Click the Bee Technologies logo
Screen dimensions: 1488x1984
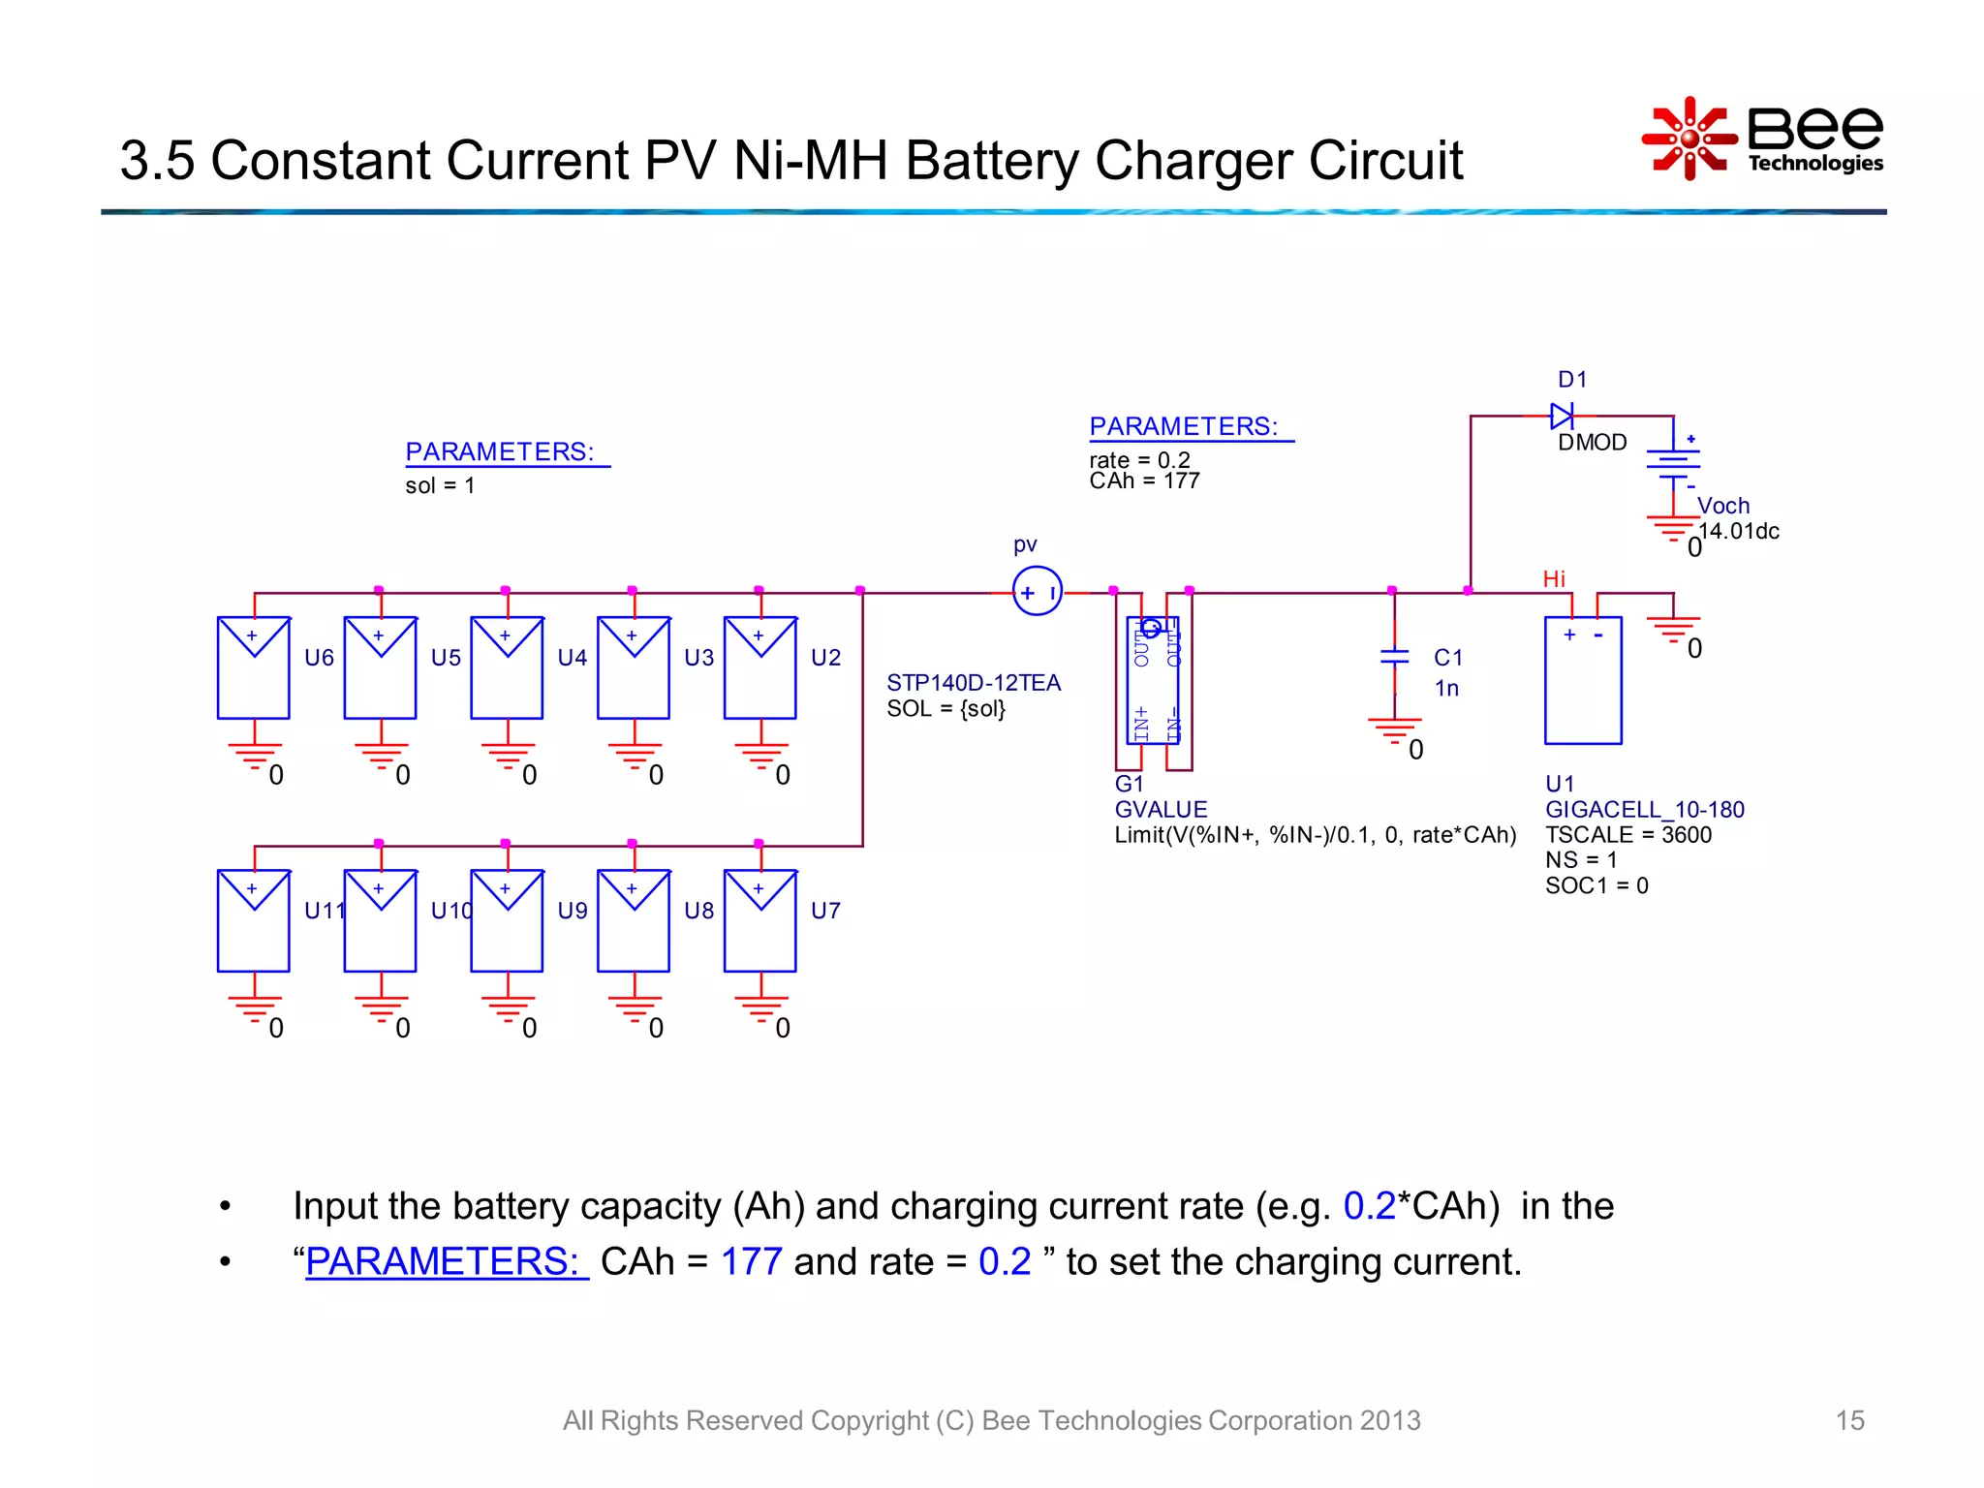click(1762, 139)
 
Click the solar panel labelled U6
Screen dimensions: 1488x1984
click(253, 667)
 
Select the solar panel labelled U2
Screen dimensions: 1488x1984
click(759, 667)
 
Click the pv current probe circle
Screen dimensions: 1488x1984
click(1037, 592)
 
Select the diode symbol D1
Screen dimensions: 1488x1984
click(1561, 417)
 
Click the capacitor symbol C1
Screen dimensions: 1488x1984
click(1394, 657)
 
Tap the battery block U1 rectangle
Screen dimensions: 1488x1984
click(1583, 680)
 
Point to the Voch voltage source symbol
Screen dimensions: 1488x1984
click(1673, 463)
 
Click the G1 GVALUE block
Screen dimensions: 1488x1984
click(1153, 680)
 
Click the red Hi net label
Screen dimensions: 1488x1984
click(1553, 579)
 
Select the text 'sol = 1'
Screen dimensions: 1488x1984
click(440, 485)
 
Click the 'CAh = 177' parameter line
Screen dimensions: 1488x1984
click(1144, 481)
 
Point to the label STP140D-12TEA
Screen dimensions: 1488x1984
click(974, 683)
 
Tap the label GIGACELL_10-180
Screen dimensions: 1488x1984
click(1644, 810)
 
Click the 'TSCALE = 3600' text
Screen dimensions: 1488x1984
click(1627, 835)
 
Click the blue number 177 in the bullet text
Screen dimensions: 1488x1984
click(751, 1261)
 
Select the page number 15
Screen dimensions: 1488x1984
click(1848, 1420)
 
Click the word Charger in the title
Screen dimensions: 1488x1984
click(1194, 161)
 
